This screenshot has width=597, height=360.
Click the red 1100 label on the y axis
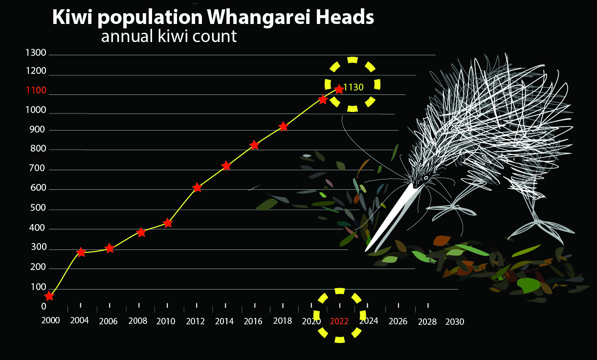click(36, 90)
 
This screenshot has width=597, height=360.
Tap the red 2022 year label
click(339, 321)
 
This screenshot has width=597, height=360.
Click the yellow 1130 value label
click(354, 87)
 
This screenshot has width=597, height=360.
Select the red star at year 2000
click(49, 296)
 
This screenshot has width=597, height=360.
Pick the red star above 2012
click(197, 187)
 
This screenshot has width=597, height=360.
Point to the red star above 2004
click(81, 252)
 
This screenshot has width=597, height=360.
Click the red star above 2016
click(255, 145)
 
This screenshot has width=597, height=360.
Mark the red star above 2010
click(168, 223)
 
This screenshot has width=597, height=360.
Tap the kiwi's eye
click(426, 178)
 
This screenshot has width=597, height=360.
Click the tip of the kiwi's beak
click(366, 250)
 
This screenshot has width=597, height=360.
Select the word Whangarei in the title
click(259, 18)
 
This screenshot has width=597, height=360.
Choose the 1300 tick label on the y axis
click(36, 53)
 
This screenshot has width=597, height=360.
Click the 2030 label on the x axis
click(455, 322)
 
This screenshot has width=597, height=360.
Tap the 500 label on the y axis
click(38, 208)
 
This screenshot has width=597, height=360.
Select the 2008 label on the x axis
click(138, 321)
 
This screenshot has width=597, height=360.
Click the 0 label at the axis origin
click(44, 307)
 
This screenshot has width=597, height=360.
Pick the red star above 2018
click(283, 126)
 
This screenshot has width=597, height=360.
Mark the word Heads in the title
click(345, 17)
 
